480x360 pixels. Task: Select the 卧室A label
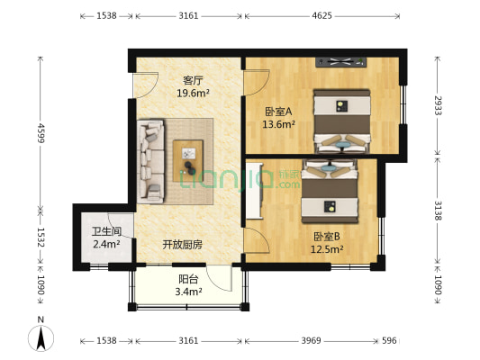[x=276, y=112]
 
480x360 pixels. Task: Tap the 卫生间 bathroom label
[x=105, y=231]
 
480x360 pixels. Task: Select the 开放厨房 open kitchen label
[x=182, y=244]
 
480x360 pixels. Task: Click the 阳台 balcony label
[x=188, y=279]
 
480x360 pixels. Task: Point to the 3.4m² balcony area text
[x=188, y=292]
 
